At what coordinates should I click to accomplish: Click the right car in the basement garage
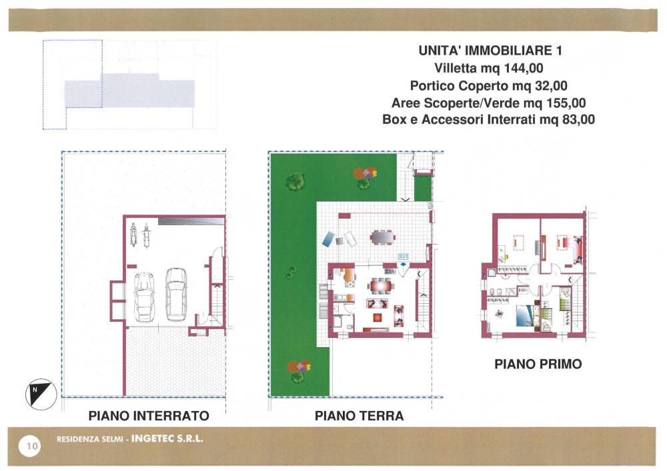(x=176, y=294)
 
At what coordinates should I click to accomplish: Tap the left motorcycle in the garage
(x=133, y=235)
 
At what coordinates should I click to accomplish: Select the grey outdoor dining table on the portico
(x=382, y=236)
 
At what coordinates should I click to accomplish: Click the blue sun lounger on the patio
(x=329, y=239)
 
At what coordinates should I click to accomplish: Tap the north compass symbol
(x=41, y=394)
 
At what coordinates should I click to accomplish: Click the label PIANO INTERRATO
(x=149, y=415)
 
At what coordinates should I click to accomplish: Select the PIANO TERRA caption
(x=359, y=415)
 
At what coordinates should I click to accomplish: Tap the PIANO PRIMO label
(x=538, y=364)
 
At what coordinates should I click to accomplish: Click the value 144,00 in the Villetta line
(x=524, y=68)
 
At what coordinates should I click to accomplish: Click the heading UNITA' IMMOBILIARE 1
(x=490, y=51)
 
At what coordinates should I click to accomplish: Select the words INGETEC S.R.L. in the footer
(x=167, y=439)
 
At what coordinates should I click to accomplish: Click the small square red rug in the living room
(x=378, y=317)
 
